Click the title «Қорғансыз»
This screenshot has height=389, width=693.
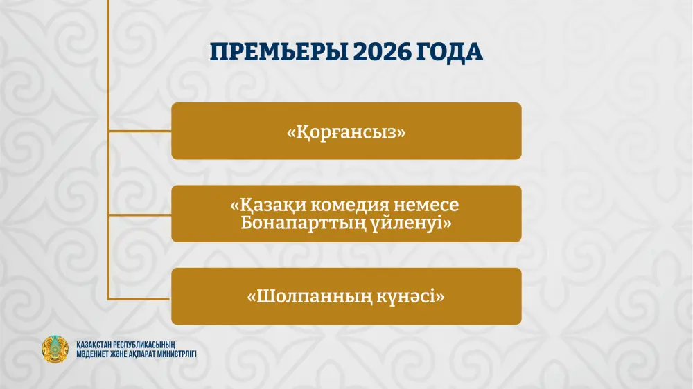[346, 132]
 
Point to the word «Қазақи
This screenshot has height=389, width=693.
[265, 206]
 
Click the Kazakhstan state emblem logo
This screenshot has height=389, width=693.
[55, 351]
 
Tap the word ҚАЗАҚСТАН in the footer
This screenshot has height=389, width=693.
[96, 344]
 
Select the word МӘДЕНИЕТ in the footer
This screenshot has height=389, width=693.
[94, 354]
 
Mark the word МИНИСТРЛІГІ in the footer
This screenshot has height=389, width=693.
[178, 354]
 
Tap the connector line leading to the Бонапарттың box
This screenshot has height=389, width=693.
[139, 215]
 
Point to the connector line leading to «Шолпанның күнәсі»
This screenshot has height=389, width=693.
[139, 298]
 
